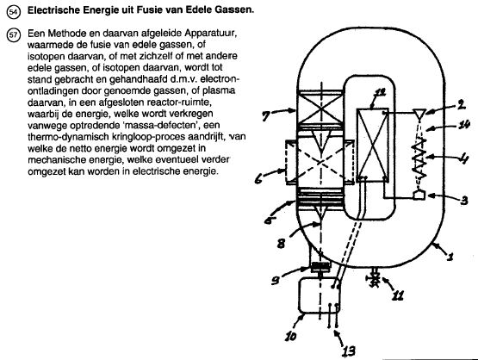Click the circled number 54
tap(13, 12)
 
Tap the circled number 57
tap(13, 34)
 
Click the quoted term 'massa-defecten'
tap(165, 125)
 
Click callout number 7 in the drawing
tap(266, 115)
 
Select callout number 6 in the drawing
tap(258, 179)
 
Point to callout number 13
tap(348, 351)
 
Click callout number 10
tap(290, 336)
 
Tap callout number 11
tap(398, 295)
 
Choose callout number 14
tap(464, 124)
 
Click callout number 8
tap(281, 244)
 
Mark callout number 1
tap(450, 257)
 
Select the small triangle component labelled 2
tap(419, 115)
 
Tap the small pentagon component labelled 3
tap(419, 196)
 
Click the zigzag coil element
tap(419, 158)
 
